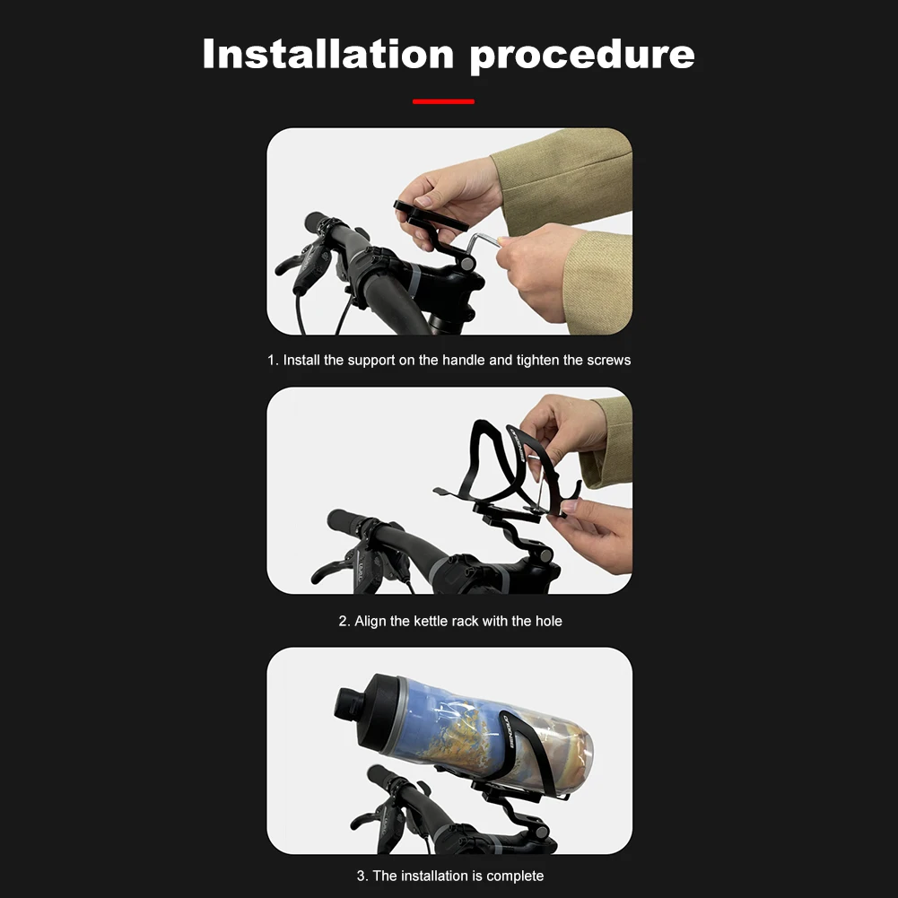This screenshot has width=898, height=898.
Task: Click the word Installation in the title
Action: (328, 54)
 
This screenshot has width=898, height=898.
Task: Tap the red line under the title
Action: (443, 101)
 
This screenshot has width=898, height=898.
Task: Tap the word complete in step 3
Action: (515, 876)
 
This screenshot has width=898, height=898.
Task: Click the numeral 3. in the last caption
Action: (362, 876)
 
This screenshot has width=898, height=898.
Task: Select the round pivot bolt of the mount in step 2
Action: (545, 554)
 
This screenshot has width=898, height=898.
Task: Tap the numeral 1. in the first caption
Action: (274, 361)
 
